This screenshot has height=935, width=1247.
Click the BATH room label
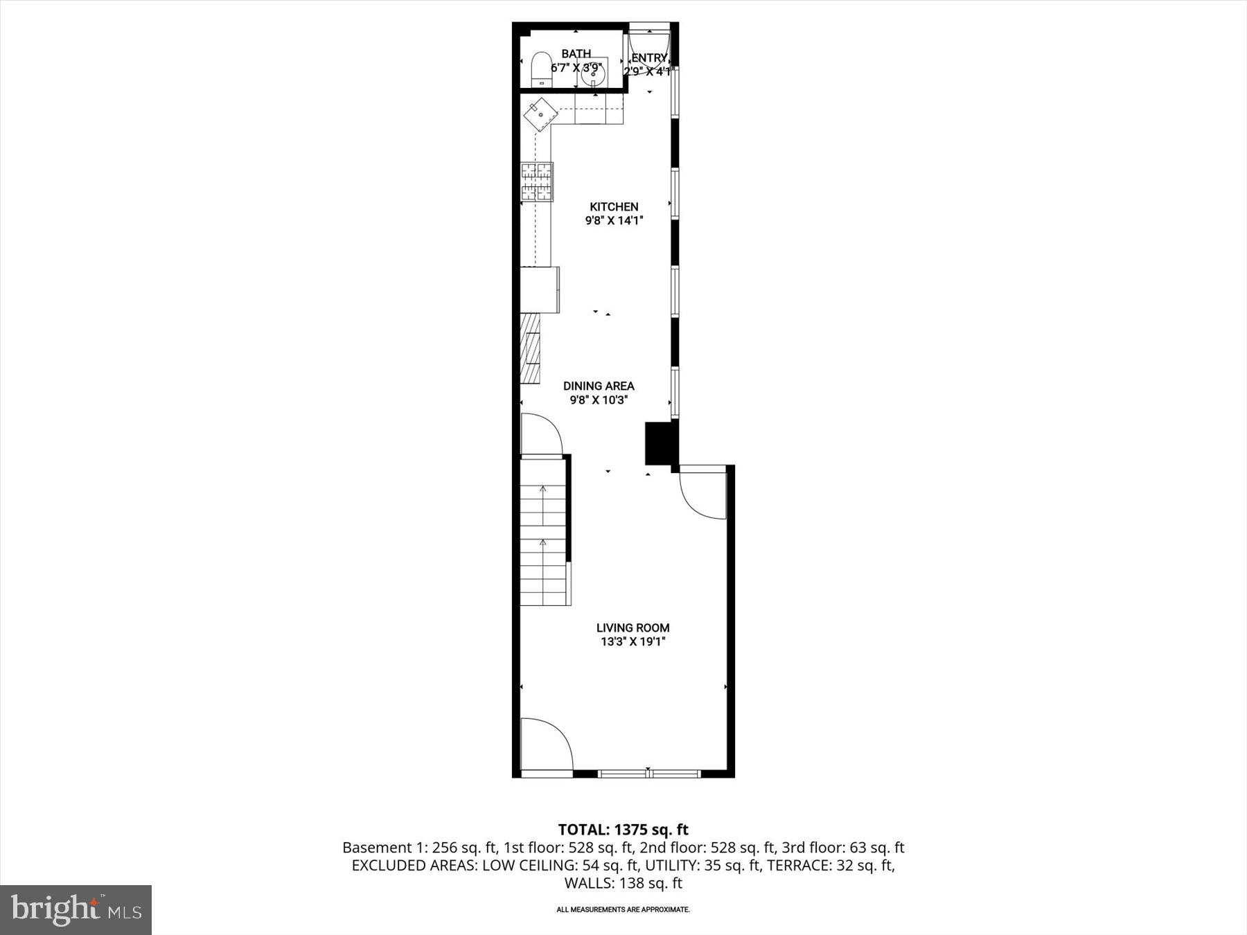tap(576, 53)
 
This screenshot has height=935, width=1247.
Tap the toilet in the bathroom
tap(540, 71)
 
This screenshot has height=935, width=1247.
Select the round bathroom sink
tap(594, 74)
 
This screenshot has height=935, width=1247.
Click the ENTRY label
tap(649, 58)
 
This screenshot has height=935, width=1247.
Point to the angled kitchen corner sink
tap(540, 114)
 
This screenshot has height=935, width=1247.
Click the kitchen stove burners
tap(537, 181)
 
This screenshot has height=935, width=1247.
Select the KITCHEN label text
tap(614, 206)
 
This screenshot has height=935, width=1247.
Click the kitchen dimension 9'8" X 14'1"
tap(614, 221)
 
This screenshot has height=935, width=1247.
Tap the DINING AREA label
tap(599, 386)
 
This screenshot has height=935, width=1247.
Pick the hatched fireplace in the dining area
tap(530, 348)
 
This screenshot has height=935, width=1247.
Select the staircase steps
tap(544, 547)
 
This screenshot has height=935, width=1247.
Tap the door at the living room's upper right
tap(703, 493)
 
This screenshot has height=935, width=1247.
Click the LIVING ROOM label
tap(633, 627)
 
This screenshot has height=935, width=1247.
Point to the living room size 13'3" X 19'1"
tap(633, 642)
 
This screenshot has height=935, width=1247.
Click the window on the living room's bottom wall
tap(649, 773)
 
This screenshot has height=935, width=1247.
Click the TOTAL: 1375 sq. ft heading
tap(623, 829)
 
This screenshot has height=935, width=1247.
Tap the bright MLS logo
tap(76, 909)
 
